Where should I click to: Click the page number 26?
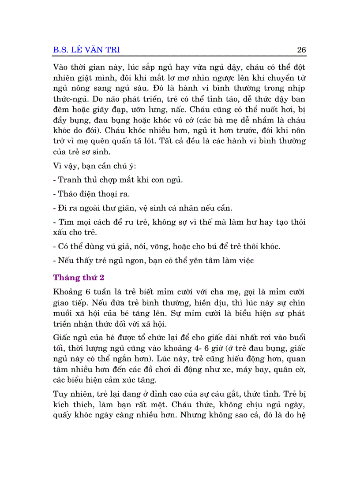(x=301, y=50)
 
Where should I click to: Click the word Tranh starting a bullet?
(x=68, y=180)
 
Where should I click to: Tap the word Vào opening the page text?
(x=61, y=67)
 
